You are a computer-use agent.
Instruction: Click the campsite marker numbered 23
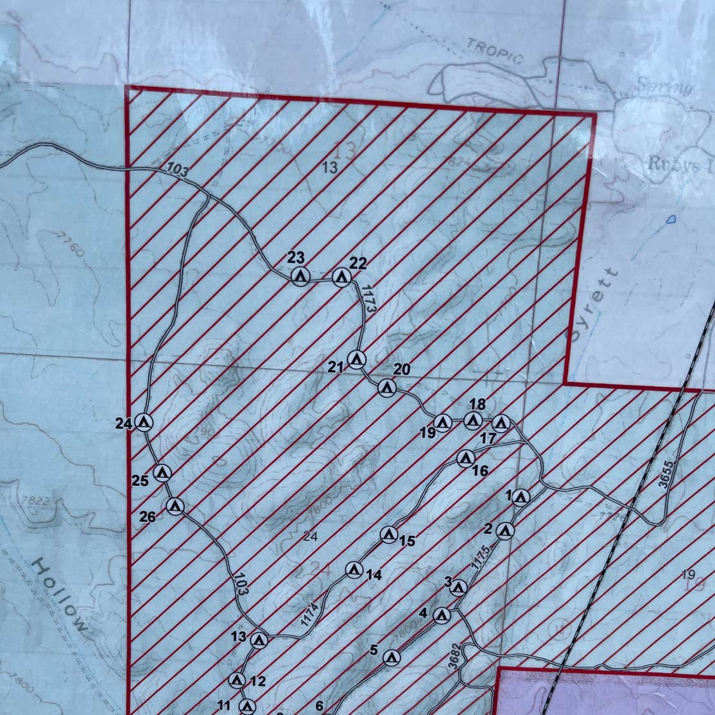tap(300, 277)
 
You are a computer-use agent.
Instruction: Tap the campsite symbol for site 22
tap(341, 277)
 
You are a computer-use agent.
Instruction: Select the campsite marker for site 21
tap(356, 359)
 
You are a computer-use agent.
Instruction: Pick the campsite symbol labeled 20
tap(386, 388)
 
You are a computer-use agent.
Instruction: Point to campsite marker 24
tap(144, 422)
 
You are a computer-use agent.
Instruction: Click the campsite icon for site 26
tap(175, 506)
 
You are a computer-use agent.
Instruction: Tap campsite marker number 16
tap(466, 458)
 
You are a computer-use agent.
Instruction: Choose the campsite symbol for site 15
tap(388, 534)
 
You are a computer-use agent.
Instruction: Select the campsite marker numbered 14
tap(354, 569)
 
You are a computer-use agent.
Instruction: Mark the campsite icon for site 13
tap(259, 640)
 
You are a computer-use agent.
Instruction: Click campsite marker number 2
tap(505, 531)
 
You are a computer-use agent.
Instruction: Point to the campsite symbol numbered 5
tap(392, 657)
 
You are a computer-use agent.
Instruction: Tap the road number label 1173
tap(368, 298)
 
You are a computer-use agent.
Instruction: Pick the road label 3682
tap(454, 656)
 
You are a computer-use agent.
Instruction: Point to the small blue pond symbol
tap(671, 220)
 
